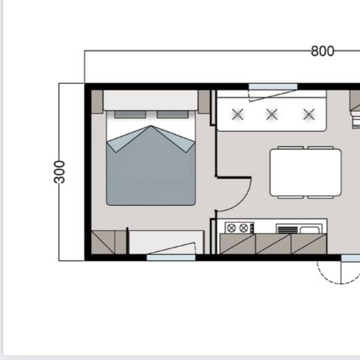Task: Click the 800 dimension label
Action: [x=322, y=51]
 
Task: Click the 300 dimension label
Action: [x=60, y=171]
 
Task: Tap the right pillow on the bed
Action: [x=172, y=115]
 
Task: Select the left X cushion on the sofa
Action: [x=238, y=114]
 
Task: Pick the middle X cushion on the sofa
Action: [x=273, y=114]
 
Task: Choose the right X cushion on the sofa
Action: [x=308, y=114]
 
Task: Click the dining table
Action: [x=305, y=171]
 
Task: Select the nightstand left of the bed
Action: [x=97, y=102]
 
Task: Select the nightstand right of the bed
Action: [x=204, y=102]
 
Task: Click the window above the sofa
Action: [x=273, y=87]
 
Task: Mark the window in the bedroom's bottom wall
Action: [x=171, y=257]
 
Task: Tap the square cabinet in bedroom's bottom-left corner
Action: [x=103, y=242]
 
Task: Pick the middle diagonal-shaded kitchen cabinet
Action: [x=273, y=244]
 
